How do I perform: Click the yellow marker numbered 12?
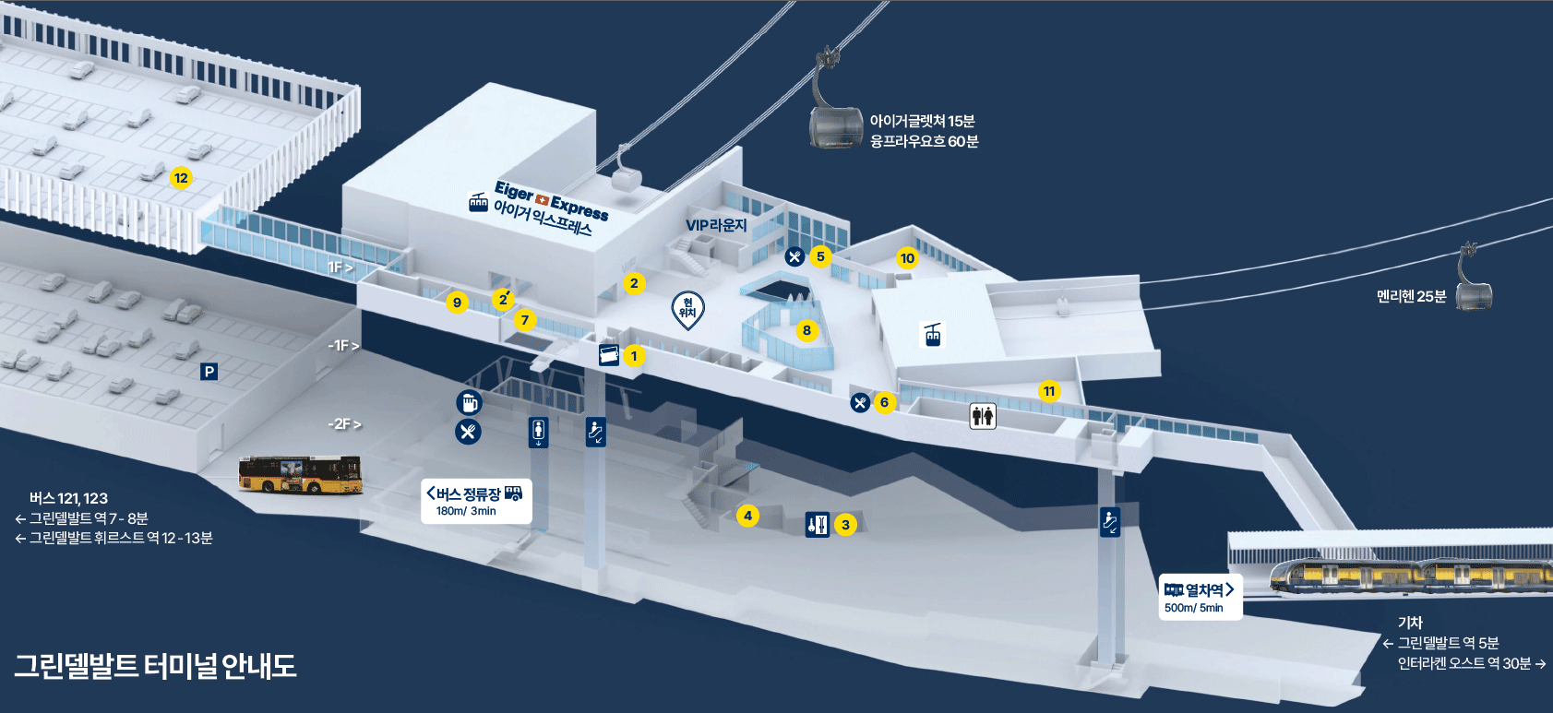(x=181, y=178)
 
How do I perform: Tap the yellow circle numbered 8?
(x=806, y=330)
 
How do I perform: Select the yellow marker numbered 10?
(x=907, y=258)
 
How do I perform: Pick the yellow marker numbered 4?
(x=747, y=516)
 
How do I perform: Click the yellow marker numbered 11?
(x=1049, y=391)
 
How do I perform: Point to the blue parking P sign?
(x=209, y=372)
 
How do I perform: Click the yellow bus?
(x=300, y=474)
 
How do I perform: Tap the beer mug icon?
(x=469, y=402)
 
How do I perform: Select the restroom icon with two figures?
(x=983, y=416)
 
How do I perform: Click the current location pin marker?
(x=687, y=309)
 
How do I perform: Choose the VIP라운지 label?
(x=716, y=225)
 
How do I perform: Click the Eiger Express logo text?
(x=551, y=201)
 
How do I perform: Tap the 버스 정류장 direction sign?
(x=476, y=500)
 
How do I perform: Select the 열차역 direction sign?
(x=1201, y=597)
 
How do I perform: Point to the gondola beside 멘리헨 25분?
(x=1474, y=286)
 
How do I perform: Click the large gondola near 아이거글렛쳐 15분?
(x=835, y=104)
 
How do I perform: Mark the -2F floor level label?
(x=344, y=424)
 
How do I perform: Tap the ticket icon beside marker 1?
(x=609, y=355)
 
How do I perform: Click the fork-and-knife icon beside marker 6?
(x=860, y=402)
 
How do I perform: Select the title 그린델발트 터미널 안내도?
(x=155, y=666)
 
